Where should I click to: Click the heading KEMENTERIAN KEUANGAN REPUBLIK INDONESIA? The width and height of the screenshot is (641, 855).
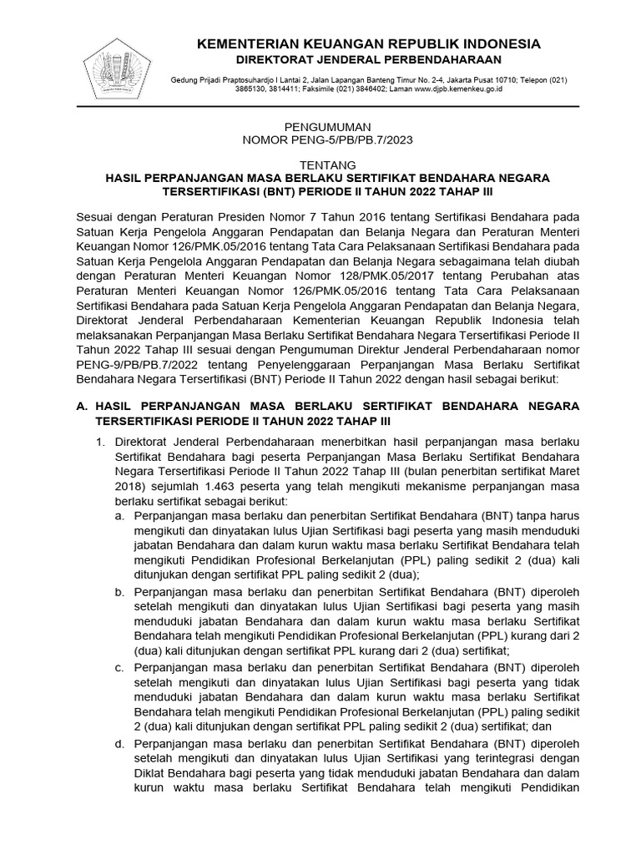click(368, 43)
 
